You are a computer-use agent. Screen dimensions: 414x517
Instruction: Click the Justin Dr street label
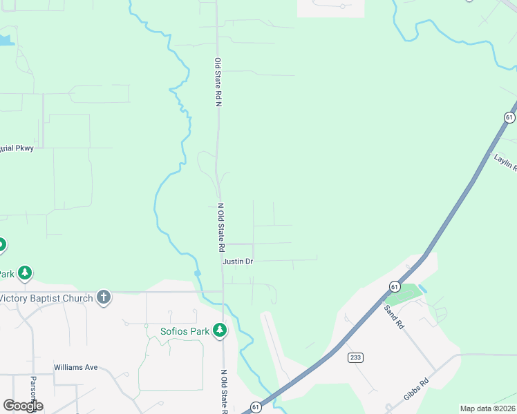point(238,262)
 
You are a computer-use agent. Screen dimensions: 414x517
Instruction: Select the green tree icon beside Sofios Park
point(220,331)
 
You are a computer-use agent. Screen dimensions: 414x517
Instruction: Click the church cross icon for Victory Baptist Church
point(104,298)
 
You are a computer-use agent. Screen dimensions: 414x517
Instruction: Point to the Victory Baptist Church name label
point(47,298)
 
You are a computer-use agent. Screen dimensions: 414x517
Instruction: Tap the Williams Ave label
point(75,367)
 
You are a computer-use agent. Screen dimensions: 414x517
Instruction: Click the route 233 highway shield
point(355,357)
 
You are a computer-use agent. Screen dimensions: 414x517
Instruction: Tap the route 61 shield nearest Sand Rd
point(394,286)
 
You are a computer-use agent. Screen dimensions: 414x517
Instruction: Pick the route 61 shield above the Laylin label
point(509,118)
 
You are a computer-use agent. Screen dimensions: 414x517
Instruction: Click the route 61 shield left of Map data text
point(256,407)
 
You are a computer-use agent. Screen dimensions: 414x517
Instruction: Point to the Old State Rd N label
point(217,82)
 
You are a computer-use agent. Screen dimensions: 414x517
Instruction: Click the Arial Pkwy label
point(17,148)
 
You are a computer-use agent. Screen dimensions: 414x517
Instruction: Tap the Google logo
point(22,406)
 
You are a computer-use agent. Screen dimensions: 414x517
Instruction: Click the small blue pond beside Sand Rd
point(423,289)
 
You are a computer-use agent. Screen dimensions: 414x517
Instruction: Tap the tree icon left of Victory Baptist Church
point(26,273)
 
